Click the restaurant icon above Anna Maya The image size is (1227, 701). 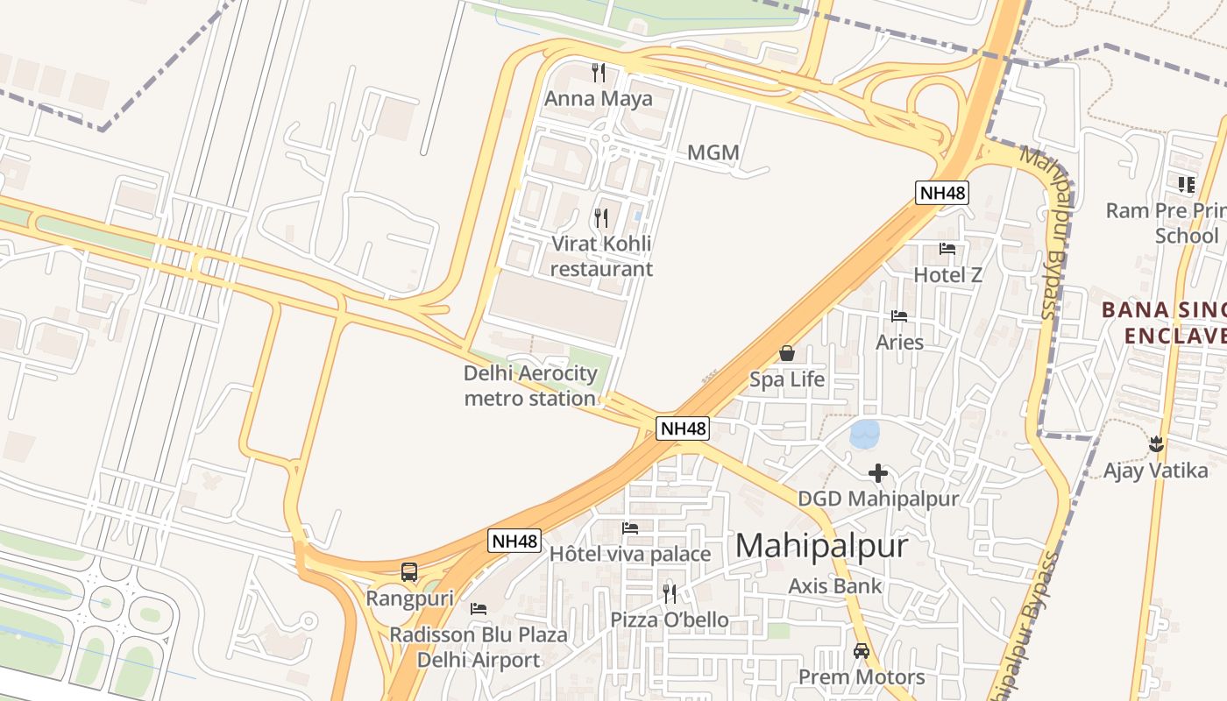pos(599,71)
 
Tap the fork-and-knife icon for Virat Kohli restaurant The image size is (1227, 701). pos(601,217)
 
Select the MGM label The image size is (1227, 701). pos(713,153)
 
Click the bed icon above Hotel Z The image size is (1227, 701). pos(947,249)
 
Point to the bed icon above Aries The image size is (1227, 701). pos(899,315)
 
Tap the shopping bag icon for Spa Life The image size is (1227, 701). pos(787,353)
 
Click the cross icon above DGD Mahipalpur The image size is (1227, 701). pos(878,473)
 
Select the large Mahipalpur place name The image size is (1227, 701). pos(821,546)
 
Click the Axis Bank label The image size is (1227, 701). pos(835,586)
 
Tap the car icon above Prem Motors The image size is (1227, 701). pos(862,651)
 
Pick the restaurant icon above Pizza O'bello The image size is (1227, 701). pos(670,594)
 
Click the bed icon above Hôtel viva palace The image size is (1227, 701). pos(630,528)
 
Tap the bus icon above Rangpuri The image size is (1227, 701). pos(409,572)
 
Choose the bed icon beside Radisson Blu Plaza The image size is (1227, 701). pos(479,608)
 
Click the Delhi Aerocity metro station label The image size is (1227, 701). pos(530,386)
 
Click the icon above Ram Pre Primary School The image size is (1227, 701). pos(1187,184)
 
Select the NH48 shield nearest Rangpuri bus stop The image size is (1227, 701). pos(514,541)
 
